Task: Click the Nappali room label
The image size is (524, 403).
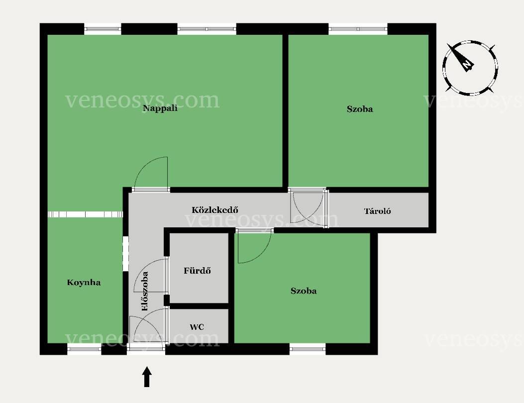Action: (x=160, y=108)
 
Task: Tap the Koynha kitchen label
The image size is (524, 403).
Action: (x=84, y=283)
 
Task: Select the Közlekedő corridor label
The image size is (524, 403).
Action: (x=215, y=210)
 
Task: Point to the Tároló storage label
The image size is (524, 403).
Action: (x=377, y=211)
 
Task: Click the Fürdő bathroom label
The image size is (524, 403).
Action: (x=197, y=270)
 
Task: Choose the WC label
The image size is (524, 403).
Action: (x=197, y=327)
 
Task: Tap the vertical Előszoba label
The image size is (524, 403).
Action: (x=145, y=291)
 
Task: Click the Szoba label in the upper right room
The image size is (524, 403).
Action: (x=360, y=109)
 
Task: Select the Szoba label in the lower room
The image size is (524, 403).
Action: (x=304, y=291)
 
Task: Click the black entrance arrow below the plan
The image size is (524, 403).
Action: (x=147, y=377)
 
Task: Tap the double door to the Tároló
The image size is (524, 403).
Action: (x=308, y=207)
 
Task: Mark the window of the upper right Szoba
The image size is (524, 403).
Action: (x=358, y=29)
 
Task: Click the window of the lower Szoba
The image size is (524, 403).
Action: (x=308, y=349)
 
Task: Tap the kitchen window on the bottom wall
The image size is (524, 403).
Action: (x=84, y=349)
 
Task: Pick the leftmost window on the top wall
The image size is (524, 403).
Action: (x=102, y=29)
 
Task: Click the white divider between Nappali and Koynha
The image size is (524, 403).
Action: (x=85, y=214)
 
